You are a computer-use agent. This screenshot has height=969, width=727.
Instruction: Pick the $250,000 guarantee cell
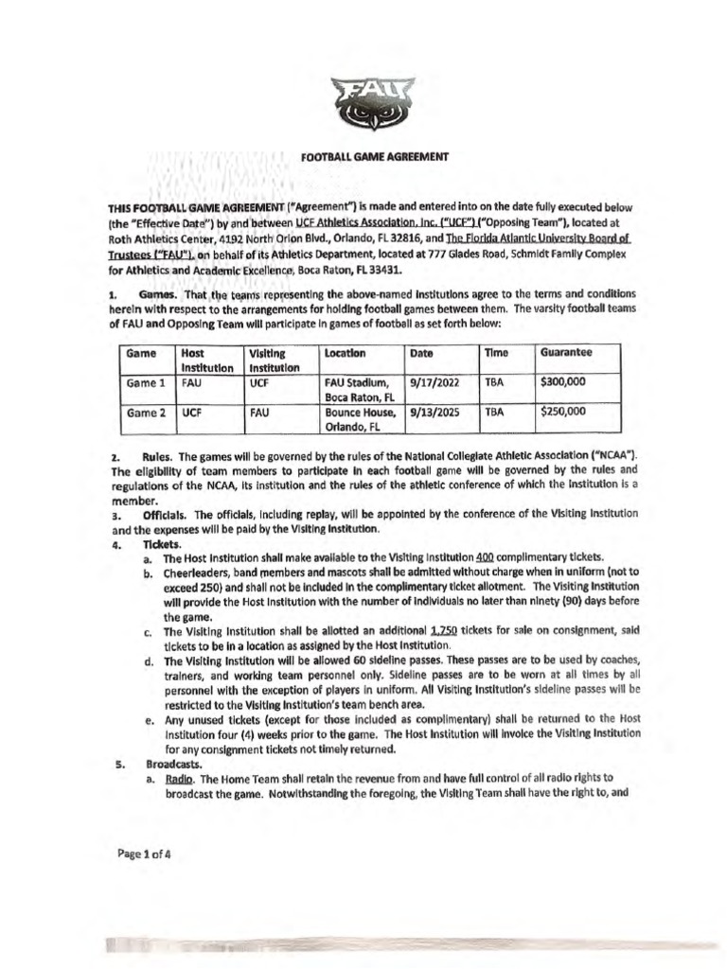(562, 414)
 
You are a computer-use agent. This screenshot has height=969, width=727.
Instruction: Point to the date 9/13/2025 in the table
(432, 414)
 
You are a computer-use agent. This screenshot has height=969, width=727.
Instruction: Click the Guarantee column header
(566, 351)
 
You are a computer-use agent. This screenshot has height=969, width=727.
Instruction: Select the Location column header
(345, 351)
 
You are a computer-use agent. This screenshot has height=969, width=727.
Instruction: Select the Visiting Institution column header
(271, 359)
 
